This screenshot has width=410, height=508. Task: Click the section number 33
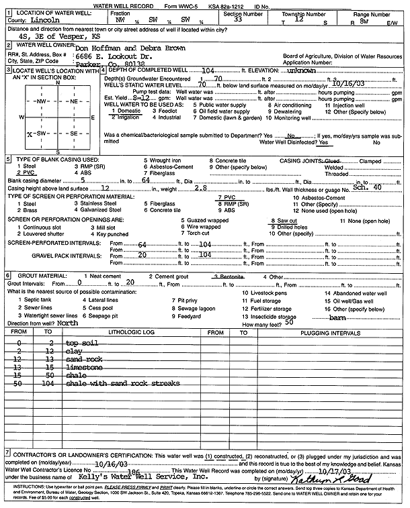click(239, 19)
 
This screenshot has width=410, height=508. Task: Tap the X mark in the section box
click(29, 134)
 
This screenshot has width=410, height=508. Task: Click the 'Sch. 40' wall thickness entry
click(368, 188)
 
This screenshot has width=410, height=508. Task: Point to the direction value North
click(68, 323)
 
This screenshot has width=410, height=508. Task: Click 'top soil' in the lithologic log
click(81, 344)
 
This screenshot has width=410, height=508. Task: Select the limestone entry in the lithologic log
click(83, 368)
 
